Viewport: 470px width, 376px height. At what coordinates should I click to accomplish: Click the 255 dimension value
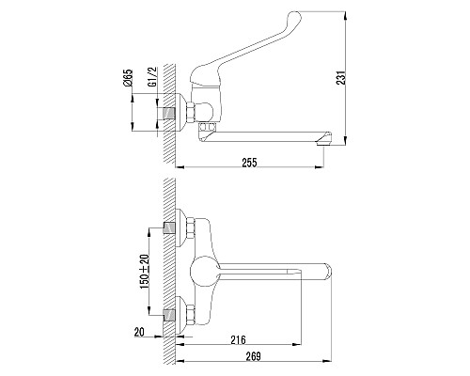[x=249, y=163]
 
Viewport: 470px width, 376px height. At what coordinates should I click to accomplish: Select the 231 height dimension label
[x=341, y=78]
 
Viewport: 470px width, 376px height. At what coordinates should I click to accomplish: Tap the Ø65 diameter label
[x=129, y=78]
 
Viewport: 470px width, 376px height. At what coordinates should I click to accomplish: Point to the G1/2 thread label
[x=152, y=79]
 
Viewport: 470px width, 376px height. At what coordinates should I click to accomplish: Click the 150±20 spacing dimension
[x=145, y=271]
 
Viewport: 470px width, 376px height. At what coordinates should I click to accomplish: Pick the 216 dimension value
[x=238, y=339]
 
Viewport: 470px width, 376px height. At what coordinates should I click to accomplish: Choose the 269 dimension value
[x=253, y=356]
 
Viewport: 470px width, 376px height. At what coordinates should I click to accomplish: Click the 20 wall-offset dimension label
[x=139, y=332]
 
